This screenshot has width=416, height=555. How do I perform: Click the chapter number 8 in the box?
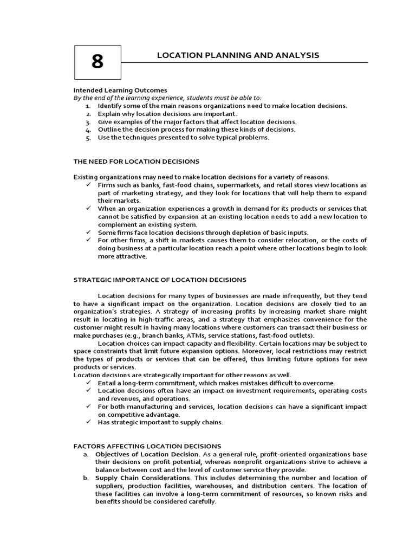click(97, 62)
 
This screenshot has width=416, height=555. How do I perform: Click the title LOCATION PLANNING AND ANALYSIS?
click(238, 55)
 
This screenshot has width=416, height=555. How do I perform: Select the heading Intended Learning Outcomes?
click(120, 90)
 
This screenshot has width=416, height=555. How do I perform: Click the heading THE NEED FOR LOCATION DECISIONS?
click(136, 162)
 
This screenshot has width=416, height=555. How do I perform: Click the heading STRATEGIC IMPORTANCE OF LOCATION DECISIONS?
click(160, 280)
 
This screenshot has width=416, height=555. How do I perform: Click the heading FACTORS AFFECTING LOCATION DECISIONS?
click(147, 446)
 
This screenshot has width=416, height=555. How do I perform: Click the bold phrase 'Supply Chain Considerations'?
click(142, 478)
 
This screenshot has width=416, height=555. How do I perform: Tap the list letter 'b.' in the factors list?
click(86, 478)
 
